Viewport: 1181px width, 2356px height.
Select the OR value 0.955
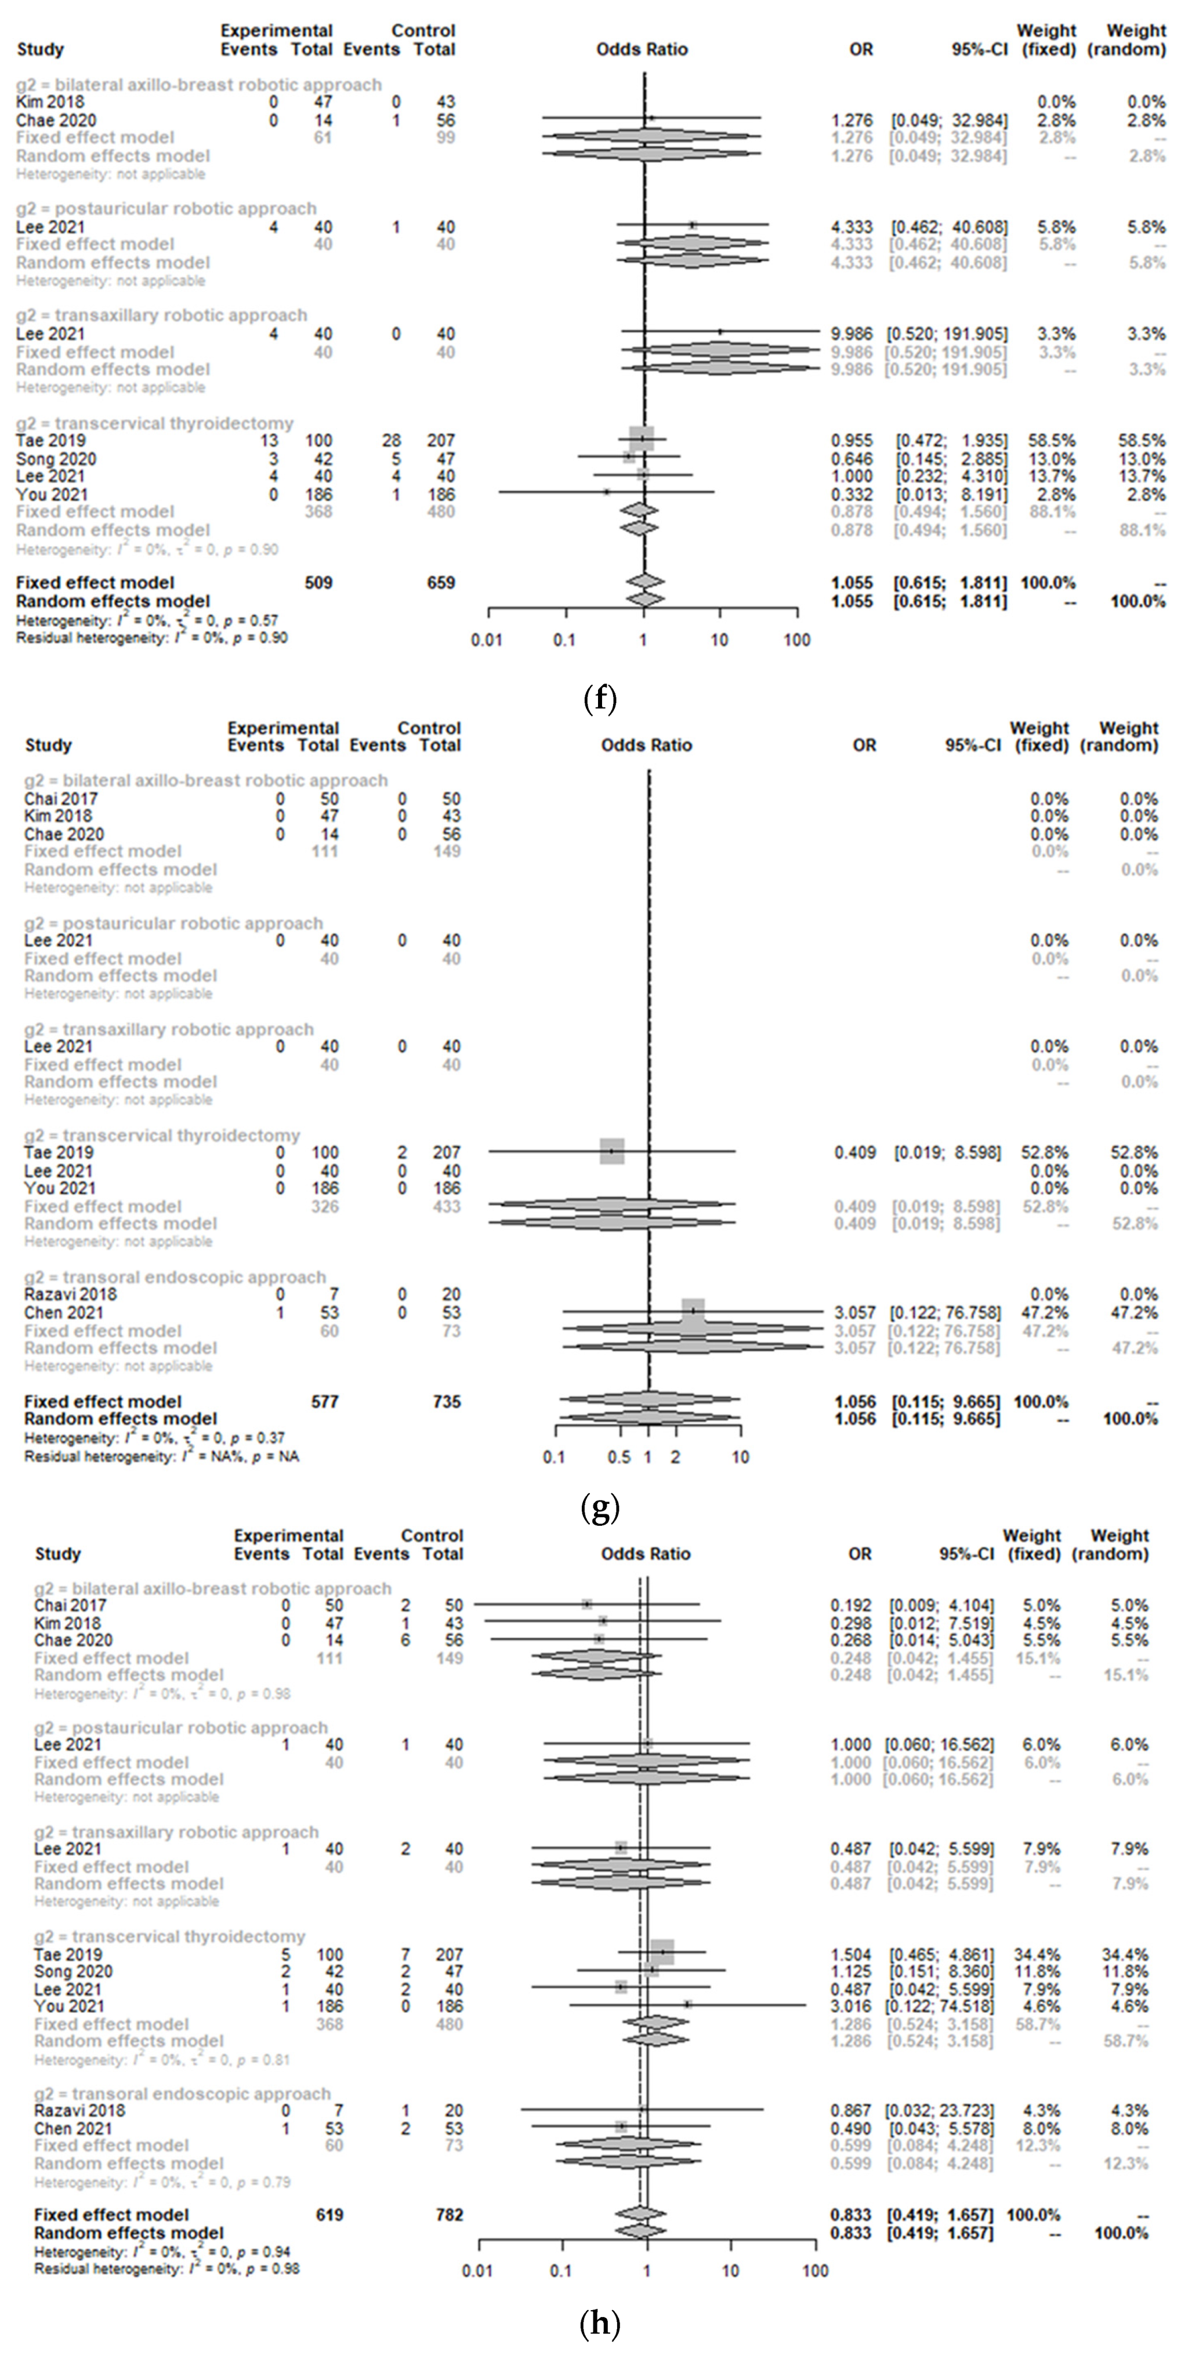point(851,441)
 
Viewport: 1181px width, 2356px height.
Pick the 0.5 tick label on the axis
point(620,1457)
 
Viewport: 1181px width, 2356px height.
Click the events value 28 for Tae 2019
point(392,441)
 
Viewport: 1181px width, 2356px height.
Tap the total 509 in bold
point(318,583)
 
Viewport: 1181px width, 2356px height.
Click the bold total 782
point(449,2214)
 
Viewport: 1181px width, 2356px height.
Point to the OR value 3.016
point(851,2006)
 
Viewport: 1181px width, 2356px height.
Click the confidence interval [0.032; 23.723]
point(940,2110)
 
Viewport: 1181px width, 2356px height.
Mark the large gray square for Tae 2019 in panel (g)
point(612,1151)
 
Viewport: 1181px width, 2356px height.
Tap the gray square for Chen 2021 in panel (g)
point(693,1311)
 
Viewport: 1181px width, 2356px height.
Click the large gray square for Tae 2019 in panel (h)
point(661,1953)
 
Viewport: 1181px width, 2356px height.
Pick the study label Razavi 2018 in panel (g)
point(70,1294)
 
